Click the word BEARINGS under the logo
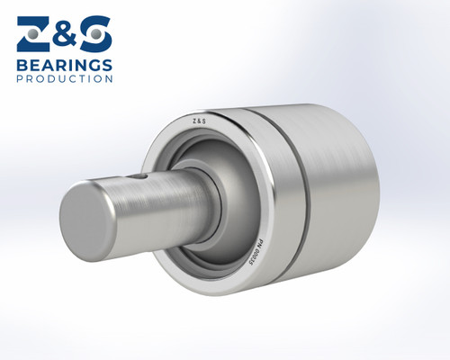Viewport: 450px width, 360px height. (x=64, y=66)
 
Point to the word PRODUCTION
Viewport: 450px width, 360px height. (x=64, y=79)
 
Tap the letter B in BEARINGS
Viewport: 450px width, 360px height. (x=22, y=66)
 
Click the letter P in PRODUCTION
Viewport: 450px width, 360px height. (x=20, y=79)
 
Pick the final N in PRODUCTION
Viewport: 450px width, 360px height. (x=109, y=79)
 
